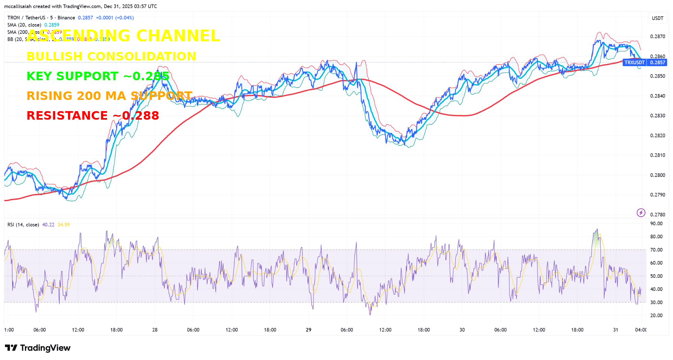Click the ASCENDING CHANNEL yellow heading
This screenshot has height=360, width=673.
(x=123, y=36)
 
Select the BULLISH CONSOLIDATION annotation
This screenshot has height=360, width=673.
(x=111, y=56)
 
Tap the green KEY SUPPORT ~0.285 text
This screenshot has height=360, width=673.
(x=98, y=76)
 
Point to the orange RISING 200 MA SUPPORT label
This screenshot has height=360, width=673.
(x=109, y=96)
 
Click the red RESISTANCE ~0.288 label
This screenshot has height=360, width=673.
(x=93, y=115)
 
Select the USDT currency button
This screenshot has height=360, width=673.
(x=657, y=18)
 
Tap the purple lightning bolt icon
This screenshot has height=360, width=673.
(x=641, y=213)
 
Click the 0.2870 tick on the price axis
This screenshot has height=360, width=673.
(x=658, y=36)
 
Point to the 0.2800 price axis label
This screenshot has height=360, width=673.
(x=658, y=175)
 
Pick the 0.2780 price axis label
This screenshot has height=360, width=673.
(x=658, y=215)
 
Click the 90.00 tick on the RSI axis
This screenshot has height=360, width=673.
(x=656, y=224)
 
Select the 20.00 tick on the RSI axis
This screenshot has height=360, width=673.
(x=656, y=316)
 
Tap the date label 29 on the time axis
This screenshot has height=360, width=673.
(x=308, y=330)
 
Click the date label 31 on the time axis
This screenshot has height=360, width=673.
(x=615, y=330)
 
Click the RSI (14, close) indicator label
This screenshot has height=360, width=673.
(x=23, y=225)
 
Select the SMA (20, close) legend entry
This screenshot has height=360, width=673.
(x=24, y=25)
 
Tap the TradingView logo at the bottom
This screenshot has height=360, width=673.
(x=38, y=348)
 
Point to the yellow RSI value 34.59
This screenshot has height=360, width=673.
(x=63, y=225)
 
